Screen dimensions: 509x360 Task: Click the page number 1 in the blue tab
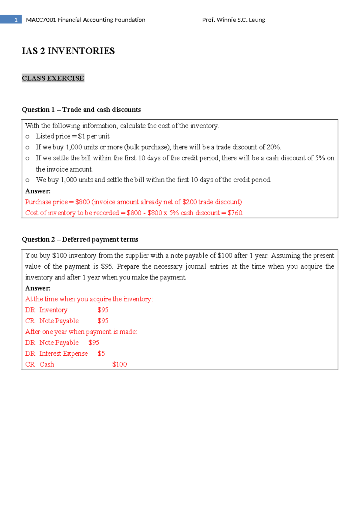pyautogui.click(x=16, y=20)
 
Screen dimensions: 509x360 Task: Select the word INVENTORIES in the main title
pyautogui.click(x=81, y=51)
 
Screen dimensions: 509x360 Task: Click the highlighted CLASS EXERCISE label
pyautogui.click(x=53, y=78)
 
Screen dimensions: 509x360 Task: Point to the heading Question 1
pyautogui.click(x=38, y=110)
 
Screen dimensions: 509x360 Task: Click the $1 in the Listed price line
pyautogui.click(x=81, y=136)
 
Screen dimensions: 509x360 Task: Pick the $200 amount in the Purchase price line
pyautogui.click(x=190, y=202)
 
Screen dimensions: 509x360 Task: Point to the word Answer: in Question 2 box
pyautogui.click(x=38, y=288)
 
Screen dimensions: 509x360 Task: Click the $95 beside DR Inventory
pyautogui.click(x=103, y=310)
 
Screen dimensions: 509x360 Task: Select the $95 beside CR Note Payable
pyautogui.click(x=103, y=321)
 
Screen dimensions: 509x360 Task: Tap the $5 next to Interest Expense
pyautogui.click(x=101, y=354)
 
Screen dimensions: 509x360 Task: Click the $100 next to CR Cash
pyautogui.click(x=119, y=364)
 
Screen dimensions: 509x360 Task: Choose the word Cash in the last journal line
pyautogui.click(x=47, y=364)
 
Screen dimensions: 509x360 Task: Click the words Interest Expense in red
pyautogui.click(x=63, y=354)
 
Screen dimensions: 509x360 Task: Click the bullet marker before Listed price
pyautogui.click(x=28, y=137)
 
